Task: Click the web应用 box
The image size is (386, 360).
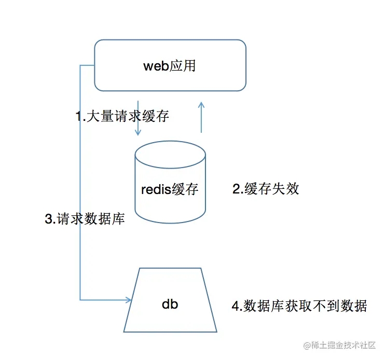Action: point(170,65)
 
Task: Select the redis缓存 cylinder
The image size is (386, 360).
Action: point(170,182)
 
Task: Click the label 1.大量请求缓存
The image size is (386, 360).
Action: point(122,116)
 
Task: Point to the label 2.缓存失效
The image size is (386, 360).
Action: point(266,188)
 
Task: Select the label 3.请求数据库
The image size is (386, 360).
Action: point(85,219)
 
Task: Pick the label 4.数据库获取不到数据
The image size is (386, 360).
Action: point(299,306)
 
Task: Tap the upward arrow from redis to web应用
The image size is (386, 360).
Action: point(202,117)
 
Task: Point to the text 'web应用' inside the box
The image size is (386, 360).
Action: point(170,66)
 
